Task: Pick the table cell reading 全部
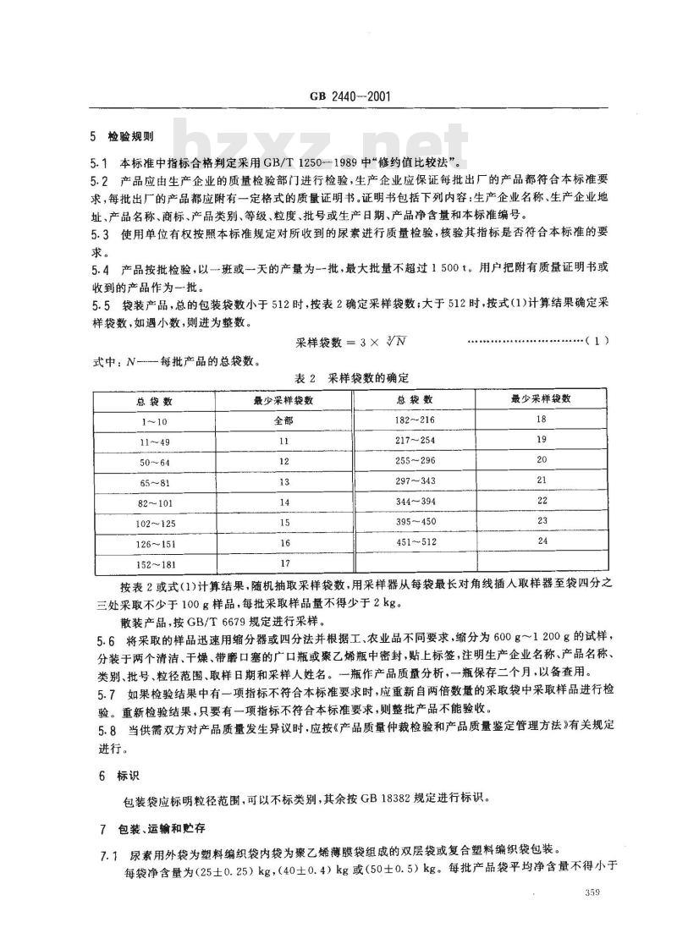283,420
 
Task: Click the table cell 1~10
154,420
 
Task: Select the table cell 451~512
413,540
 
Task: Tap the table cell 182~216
413,420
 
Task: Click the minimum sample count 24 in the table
542,540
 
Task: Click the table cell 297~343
413,480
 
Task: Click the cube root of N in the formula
388,340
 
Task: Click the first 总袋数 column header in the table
154,398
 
